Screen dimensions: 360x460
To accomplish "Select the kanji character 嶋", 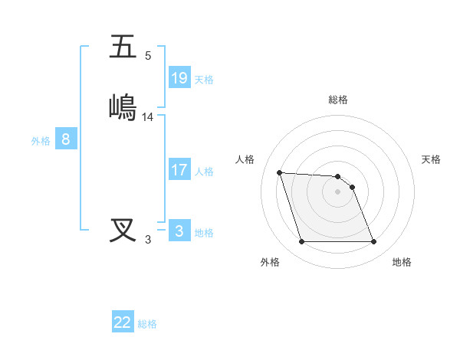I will tap(123, 106).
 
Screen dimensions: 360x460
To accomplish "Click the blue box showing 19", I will tap(179, 78).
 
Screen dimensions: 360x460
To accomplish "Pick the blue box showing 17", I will tap(179, 170).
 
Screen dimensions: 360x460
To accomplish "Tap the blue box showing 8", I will tap(66, 139).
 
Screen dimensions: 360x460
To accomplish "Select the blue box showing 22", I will tap(123, 322).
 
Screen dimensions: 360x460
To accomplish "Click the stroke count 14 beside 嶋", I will tap(148, 117).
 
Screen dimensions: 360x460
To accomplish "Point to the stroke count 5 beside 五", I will tap(148, 56).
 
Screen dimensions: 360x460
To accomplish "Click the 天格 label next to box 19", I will tap(204, 80).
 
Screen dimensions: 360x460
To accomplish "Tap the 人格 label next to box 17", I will tap(204, 172).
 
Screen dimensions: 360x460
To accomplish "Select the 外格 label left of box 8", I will tap(41, 141).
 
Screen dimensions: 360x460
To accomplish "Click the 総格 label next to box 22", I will tap(147, 324).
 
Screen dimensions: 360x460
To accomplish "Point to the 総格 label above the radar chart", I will tap(338, 100).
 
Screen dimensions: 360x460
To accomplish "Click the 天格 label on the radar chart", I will tap(432, 159).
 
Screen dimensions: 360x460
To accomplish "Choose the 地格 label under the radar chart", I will tap(402, 262).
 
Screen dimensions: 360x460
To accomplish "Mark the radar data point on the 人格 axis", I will tap(279, 172).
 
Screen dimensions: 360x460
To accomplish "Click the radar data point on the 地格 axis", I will tap(373, 242).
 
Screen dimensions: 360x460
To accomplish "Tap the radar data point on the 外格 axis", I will tap(301, 242).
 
